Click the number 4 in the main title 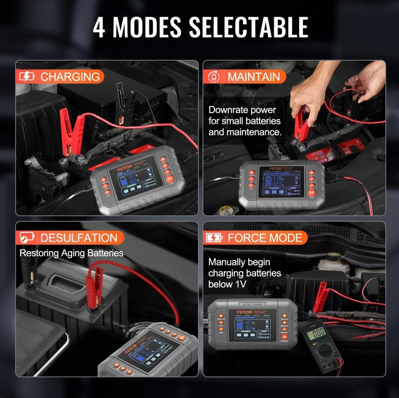click(x=99, y=28)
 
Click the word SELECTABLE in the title click(x=248, y=28)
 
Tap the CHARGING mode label click(x=70, y=77)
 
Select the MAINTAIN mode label click(x=254, y=77)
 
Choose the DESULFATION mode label click(x=79, y=238)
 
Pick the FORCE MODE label click(x=265, y=238)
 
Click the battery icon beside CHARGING click(x=27, y=77)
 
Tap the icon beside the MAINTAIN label click(x=214, y=77)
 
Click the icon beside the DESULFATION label click(x=27, y=238)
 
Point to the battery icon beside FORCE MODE click(x=214, y=238)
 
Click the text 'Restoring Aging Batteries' click(x=71, y=253)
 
